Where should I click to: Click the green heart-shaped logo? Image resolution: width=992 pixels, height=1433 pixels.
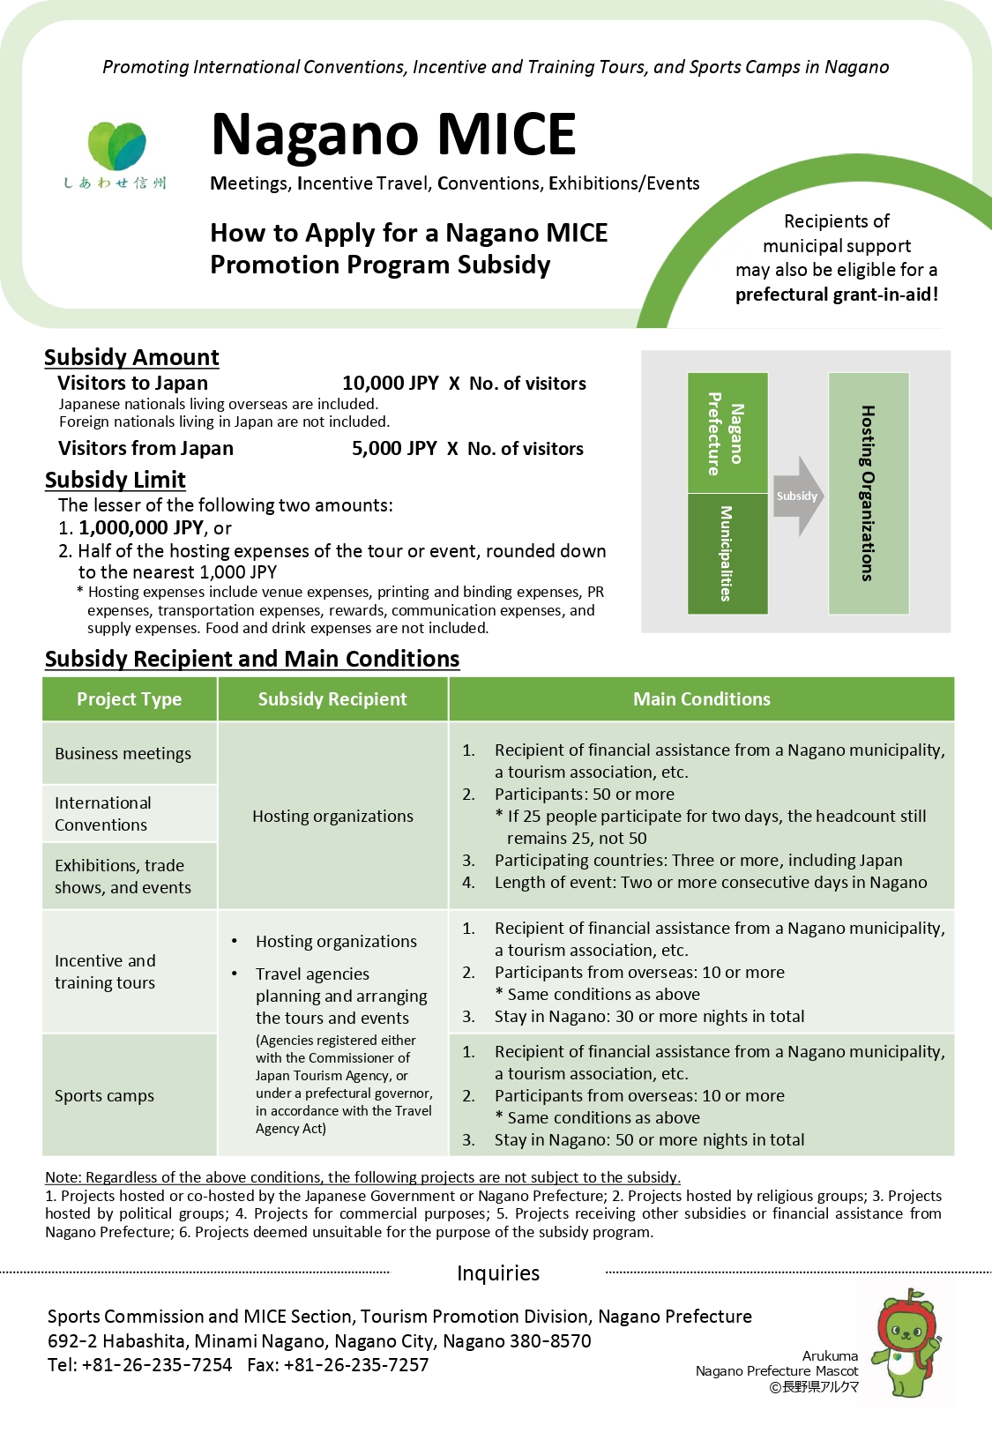click(116, 146)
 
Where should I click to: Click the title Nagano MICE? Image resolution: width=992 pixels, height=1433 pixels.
click(393, 135)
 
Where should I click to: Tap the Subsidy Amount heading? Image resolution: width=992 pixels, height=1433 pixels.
click(131, 357)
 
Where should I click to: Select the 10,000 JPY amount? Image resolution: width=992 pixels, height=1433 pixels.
click(390, 384)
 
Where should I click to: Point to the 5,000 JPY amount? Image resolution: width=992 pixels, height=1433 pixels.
click(394, 449)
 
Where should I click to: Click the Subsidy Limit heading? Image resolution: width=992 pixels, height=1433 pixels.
click(116, 480)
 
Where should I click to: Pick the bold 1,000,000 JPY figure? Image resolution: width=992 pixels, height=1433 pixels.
click(141, 528)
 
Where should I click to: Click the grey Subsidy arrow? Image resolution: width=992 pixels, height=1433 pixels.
click(798, 496)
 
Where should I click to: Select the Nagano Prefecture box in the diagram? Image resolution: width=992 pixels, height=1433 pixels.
click(727, 432)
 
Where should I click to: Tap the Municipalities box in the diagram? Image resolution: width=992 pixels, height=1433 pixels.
click(727, 553)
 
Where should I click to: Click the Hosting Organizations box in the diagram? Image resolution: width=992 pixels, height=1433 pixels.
click(869, 493)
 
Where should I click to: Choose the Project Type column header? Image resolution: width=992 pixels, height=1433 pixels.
click(130, 699)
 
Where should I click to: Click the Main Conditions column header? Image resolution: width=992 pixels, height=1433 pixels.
click(701, 699)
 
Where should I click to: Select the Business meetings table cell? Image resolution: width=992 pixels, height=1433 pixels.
click(123, 754)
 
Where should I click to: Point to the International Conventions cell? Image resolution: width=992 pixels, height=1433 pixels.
click(103, 814)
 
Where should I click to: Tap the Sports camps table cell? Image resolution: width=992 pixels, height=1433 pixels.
click(105, 1096)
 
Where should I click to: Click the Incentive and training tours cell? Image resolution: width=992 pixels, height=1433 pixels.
click(105, 972)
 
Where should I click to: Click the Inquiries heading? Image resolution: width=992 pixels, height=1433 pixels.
click(498, 1273)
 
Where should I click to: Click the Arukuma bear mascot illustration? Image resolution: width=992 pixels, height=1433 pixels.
click(906, 1343)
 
